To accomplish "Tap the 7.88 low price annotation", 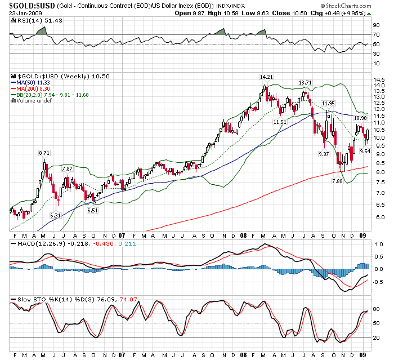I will pyautogui.click(x=337, y=181).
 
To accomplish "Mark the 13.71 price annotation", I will pyautogui.click(x=305, y=82).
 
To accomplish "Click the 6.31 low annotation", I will pyautogui.click(x=55, y=215).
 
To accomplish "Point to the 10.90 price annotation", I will pyautogui.click(x=360, y=118).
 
